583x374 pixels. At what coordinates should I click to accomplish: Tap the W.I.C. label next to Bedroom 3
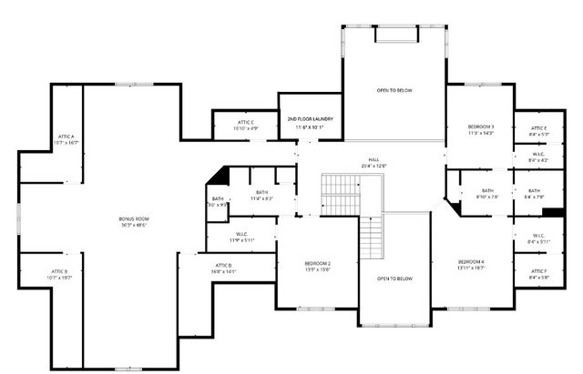coord(539,157)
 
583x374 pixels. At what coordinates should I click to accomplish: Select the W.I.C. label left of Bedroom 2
coord(241,238)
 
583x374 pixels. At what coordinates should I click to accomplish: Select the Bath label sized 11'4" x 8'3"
coord(262,195)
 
